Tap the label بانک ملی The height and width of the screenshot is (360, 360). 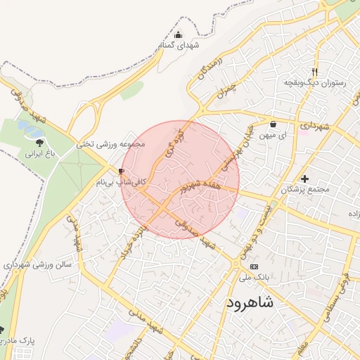tap(235, 278)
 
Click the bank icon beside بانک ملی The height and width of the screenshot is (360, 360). tap(254, 267)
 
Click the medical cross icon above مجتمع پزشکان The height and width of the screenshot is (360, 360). tap(304, 179)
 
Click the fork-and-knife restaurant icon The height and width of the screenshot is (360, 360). tap(315, 71)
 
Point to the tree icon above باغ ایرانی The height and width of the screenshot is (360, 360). tap(38, 142)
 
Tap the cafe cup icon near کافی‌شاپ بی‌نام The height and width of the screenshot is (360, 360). tap(122, 172)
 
